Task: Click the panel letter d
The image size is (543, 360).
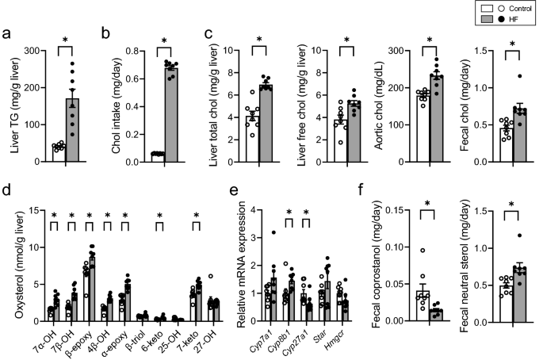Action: click(x=7, y=191)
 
